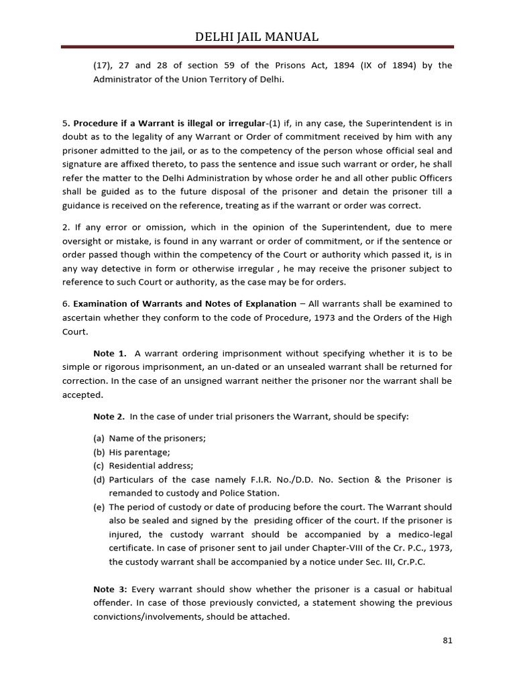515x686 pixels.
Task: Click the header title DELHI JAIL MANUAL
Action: point(257,36)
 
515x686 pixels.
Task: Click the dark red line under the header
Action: point(257,48)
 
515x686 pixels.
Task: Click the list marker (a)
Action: point(99,438)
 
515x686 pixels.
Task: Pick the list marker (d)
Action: point(99,480)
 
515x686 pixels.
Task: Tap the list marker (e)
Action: point(99,507)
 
